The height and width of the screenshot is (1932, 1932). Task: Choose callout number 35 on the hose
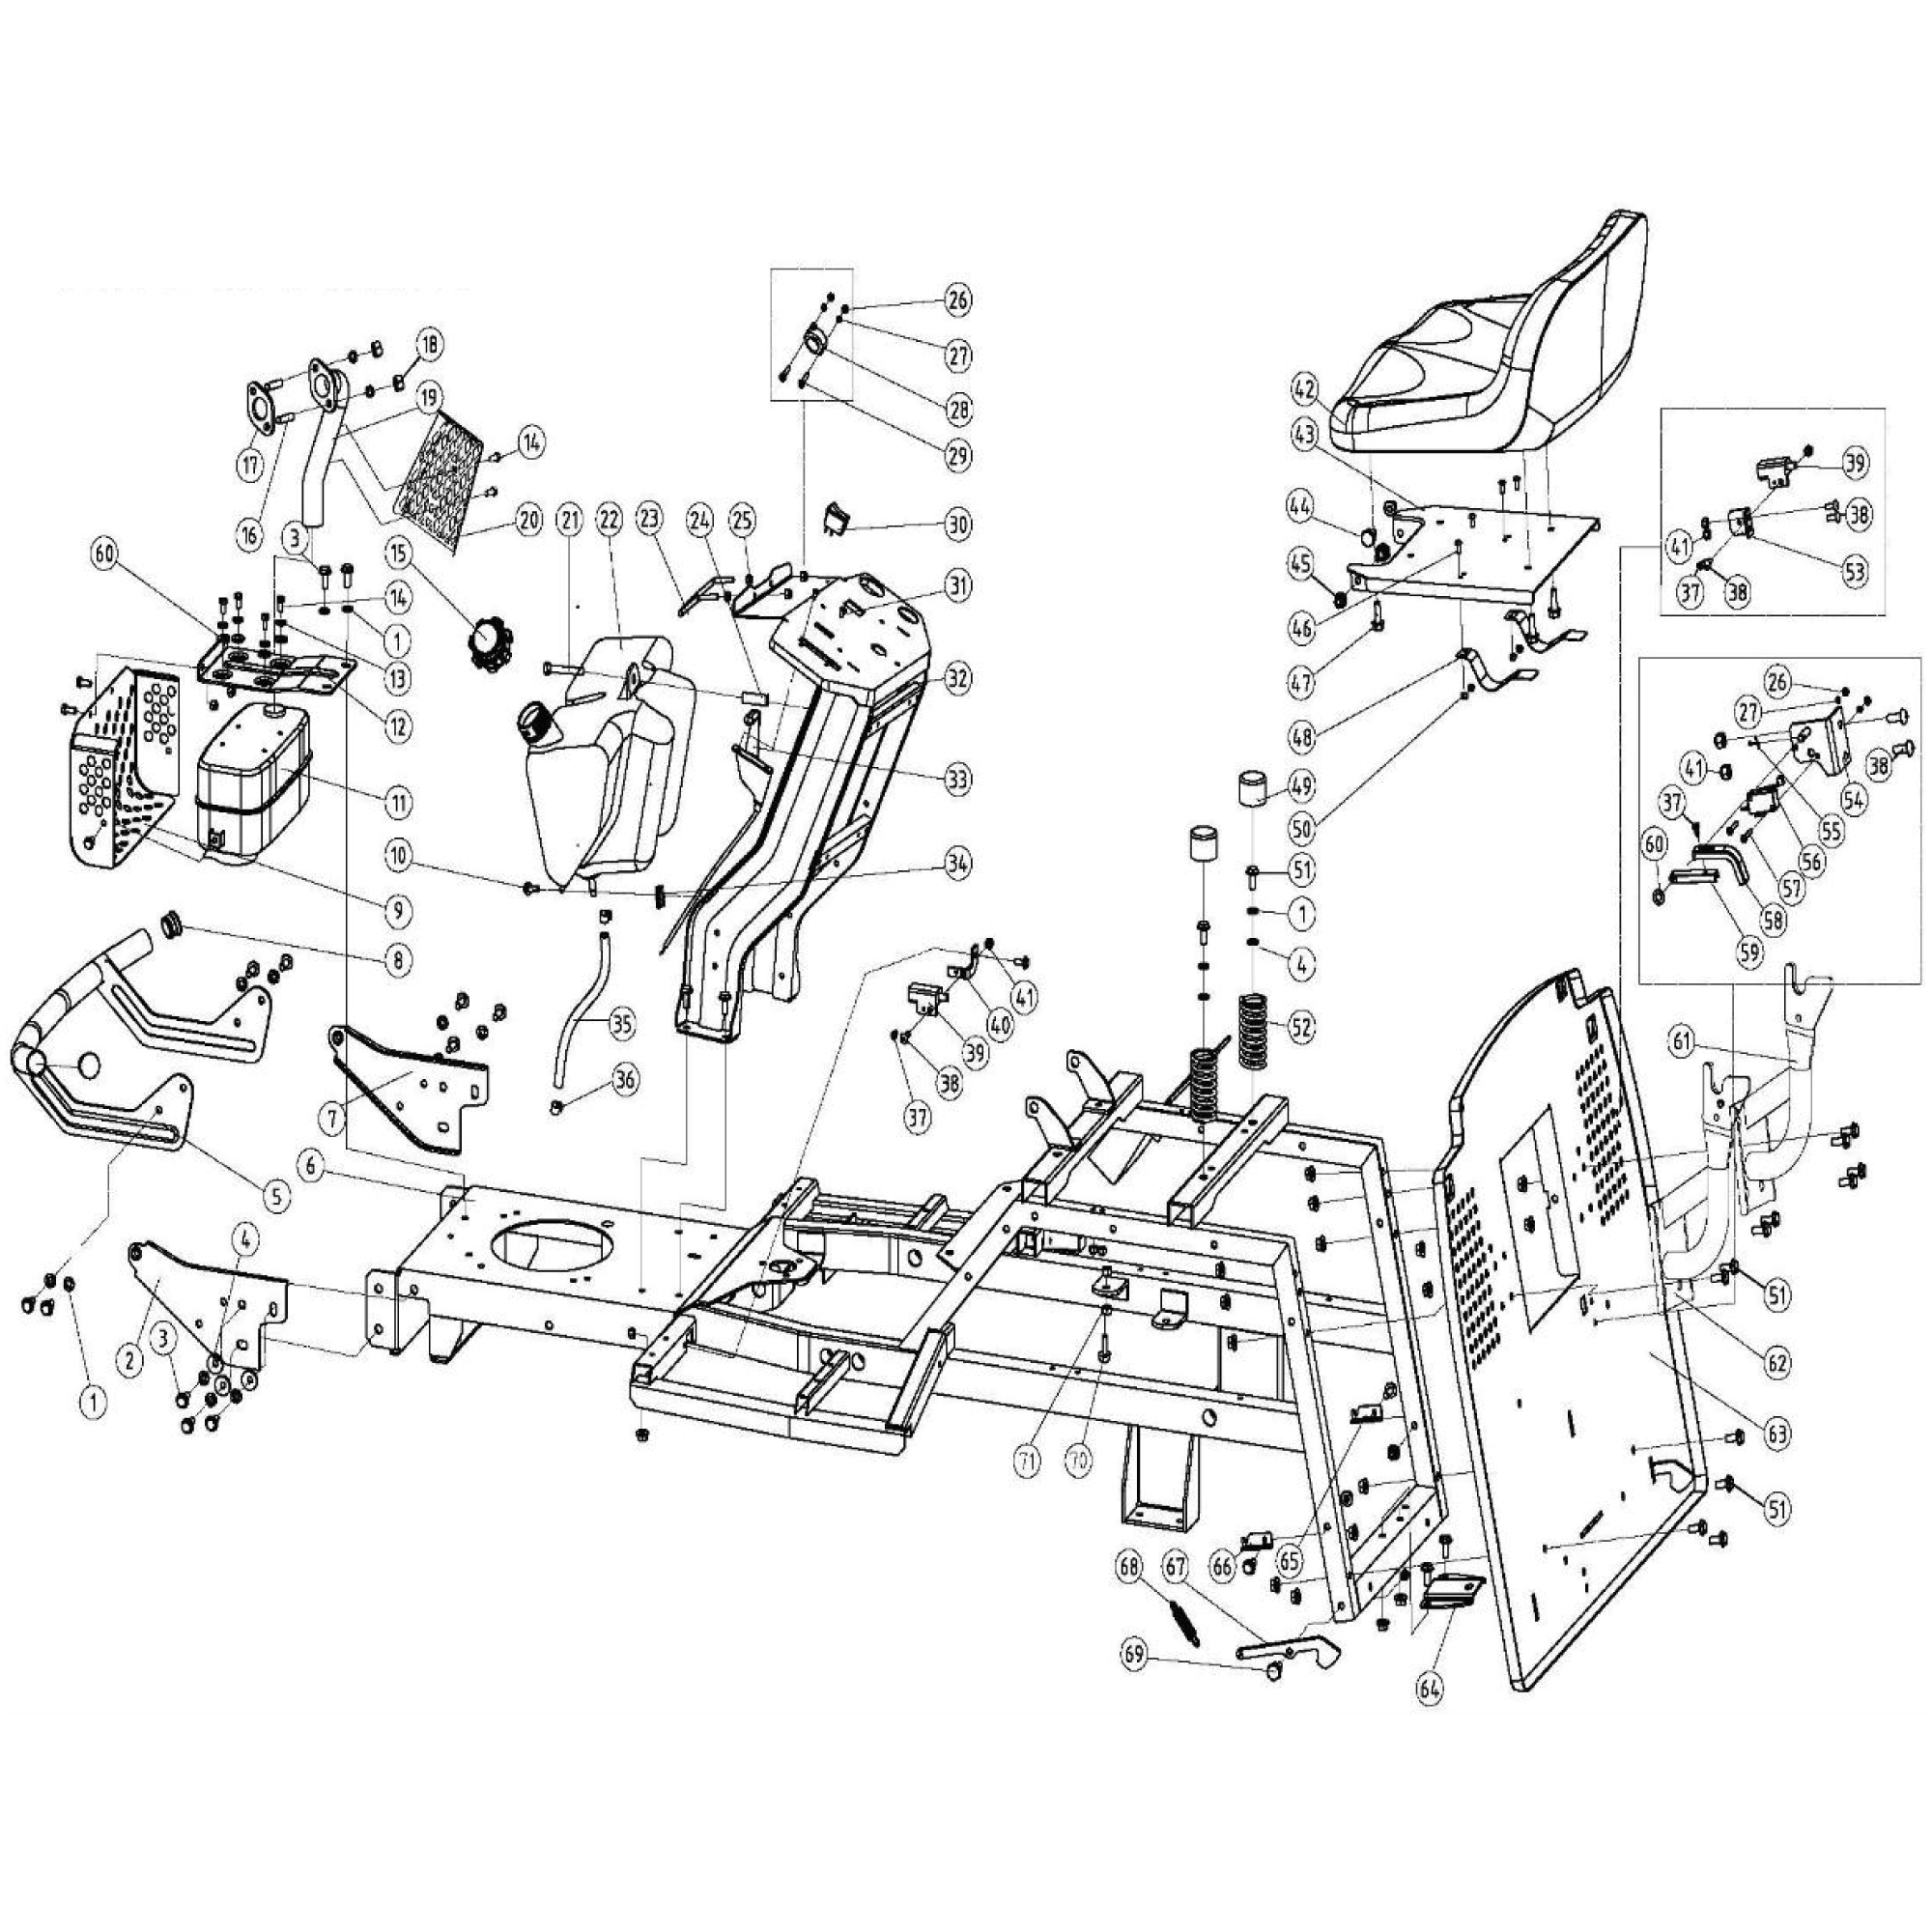click(619, 1022)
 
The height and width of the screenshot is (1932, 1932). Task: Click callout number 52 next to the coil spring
click(1301, 1026)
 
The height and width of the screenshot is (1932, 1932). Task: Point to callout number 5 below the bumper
click(274, 1192)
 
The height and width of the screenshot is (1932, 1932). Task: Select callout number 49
click(1301, 783)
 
